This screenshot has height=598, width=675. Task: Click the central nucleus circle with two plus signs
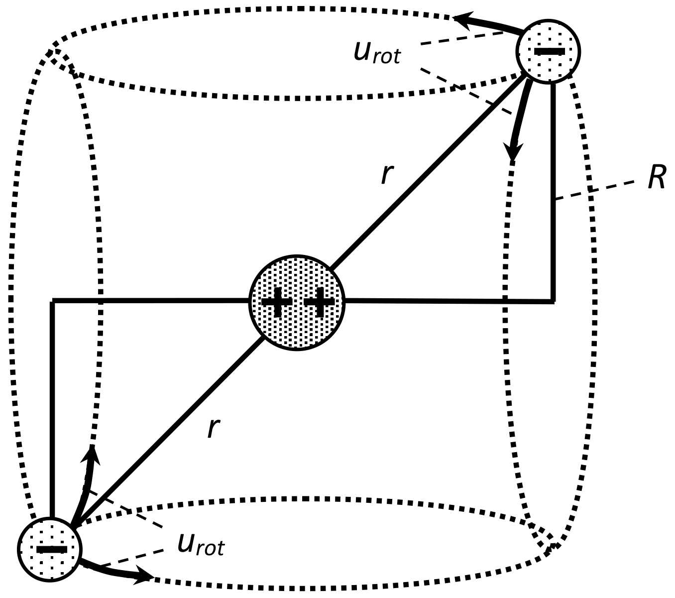(297, 303)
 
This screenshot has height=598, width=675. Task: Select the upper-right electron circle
(549, 51)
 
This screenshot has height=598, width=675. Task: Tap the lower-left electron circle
(50, 549)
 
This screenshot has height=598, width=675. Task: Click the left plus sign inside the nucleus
(276, 302)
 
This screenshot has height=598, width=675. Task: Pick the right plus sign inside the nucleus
(319, 302)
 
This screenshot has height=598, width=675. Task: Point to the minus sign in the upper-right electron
(549, 51)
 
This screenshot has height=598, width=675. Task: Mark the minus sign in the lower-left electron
(51, 550)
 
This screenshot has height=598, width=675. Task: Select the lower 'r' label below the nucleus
(213, 427)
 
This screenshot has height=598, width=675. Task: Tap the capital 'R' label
(657, 178)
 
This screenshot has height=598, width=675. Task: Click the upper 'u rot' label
(377, 53)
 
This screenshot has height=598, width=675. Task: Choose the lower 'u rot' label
(201, 545)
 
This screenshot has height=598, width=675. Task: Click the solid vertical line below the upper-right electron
(553, 199)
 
